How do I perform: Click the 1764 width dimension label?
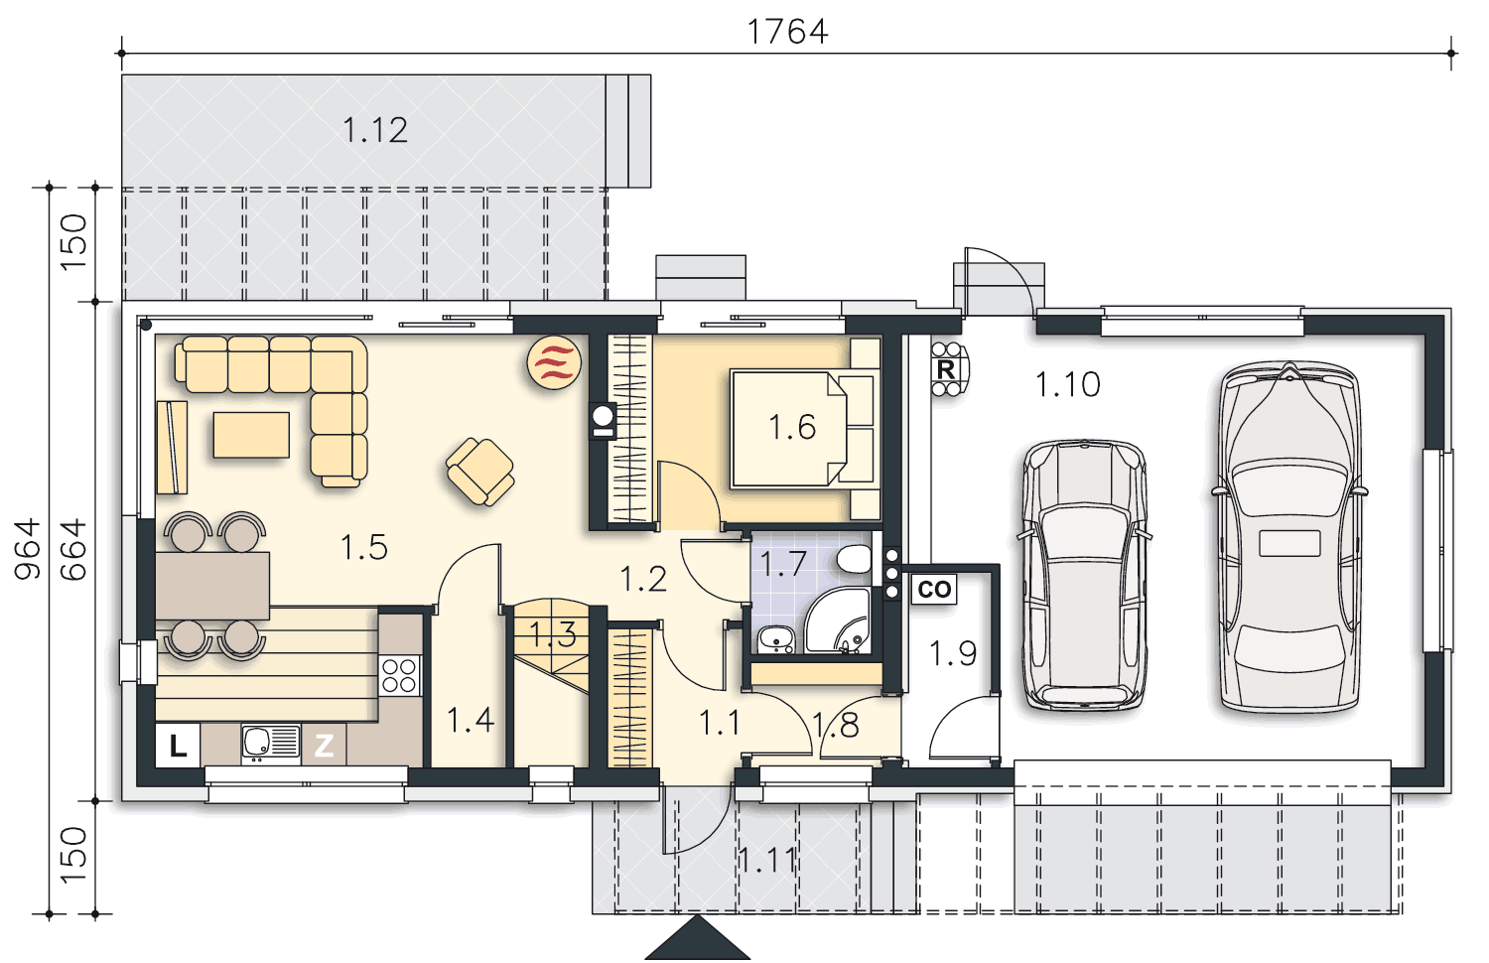coord(788,32)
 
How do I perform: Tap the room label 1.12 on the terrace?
coord(375,130)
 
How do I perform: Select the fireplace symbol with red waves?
coord(554,362)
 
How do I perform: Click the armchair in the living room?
coord(480,472)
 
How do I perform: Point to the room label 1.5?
coord(363,547)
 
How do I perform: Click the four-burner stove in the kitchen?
coord(399,675)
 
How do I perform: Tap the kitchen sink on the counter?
coord(271,743)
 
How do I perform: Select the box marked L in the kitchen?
coord(178,746)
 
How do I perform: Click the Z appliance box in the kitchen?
coord(324,745)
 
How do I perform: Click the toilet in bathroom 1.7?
coord(854,559)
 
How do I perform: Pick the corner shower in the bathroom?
coord(838,620)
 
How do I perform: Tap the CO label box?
coord(934,589)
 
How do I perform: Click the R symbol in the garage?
coord(946,369)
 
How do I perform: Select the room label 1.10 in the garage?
coord(1068,385)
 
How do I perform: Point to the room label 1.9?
coord(953,653)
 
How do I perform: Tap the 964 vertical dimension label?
coord(29,549)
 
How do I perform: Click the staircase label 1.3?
coord(553,634)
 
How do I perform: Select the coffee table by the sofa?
coord(251,435)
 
